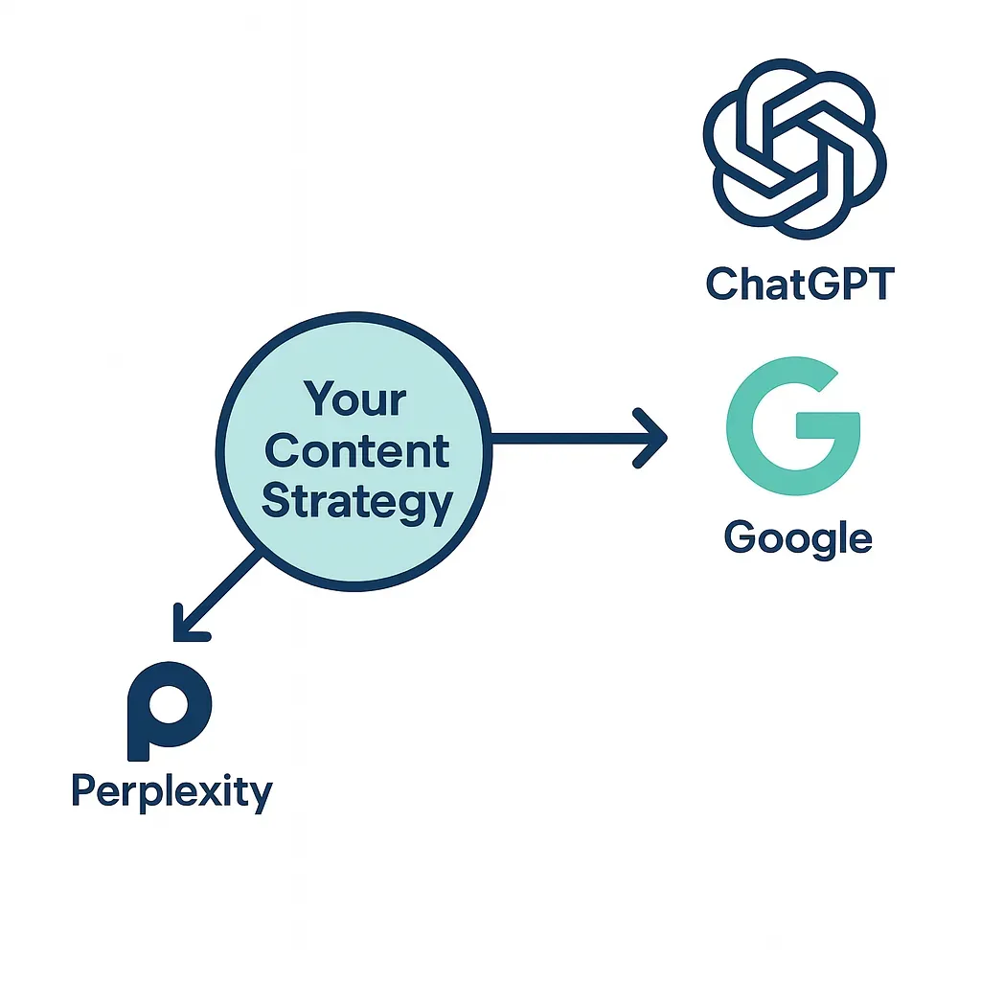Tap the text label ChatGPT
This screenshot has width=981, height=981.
799,284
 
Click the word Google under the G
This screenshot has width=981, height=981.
798,538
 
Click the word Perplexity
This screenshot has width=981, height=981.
172,793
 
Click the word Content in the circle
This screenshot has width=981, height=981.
356,450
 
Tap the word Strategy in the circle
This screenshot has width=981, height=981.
356,502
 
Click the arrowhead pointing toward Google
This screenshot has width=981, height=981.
653,439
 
